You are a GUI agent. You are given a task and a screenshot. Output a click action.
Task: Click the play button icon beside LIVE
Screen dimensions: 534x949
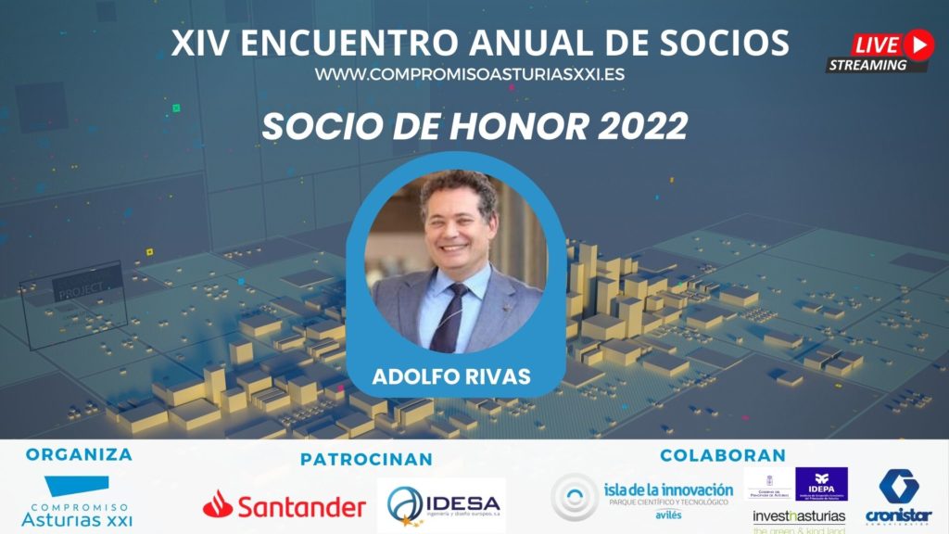click(917, 44)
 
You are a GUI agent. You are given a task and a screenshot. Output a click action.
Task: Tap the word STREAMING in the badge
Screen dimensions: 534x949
click(867, 65)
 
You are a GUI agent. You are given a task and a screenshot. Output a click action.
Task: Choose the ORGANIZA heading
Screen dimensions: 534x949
click(79, 454)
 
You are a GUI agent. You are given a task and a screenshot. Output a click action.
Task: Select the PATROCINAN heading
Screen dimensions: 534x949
click(366, 459)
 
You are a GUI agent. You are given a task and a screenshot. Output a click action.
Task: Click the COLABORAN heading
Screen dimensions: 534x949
click(723, 455)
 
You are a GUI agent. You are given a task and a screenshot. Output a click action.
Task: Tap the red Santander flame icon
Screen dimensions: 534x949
click(218, 504)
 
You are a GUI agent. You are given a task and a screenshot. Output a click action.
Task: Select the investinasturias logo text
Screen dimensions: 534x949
click(799, 515)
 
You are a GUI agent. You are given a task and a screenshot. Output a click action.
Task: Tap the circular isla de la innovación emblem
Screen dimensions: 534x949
click(575, 497)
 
